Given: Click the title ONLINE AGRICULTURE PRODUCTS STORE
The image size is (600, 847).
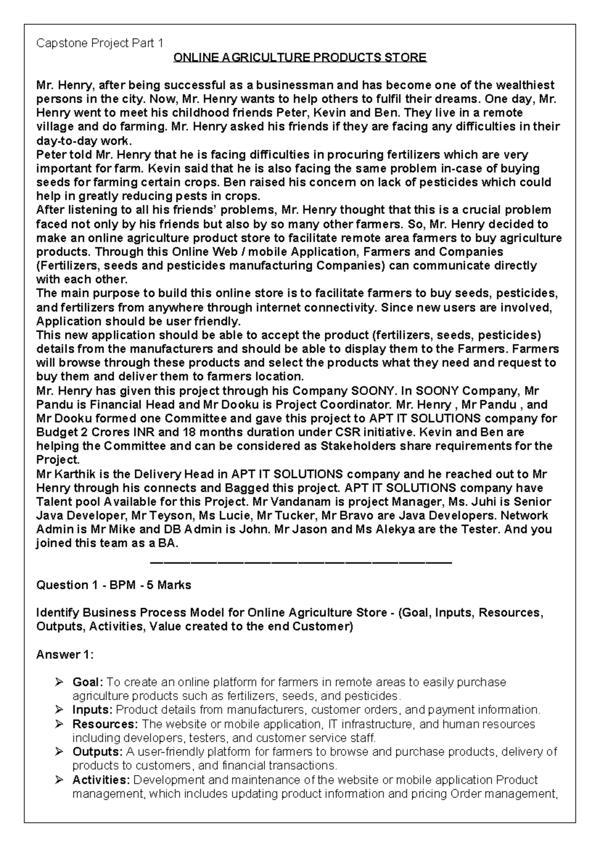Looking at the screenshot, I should pos(299,57).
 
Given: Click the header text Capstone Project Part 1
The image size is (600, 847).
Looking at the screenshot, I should pos(99,43).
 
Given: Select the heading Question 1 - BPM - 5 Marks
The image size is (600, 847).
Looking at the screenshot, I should pos(113,585).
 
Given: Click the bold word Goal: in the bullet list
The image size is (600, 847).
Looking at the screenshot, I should pos(88,682).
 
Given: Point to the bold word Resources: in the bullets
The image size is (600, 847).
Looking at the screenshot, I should pos(105,724).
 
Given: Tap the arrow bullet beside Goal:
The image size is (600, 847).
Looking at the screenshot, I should pos(59,682).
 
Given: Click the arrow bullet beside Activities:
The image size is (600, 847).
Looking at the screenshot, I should pos(59,780).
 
